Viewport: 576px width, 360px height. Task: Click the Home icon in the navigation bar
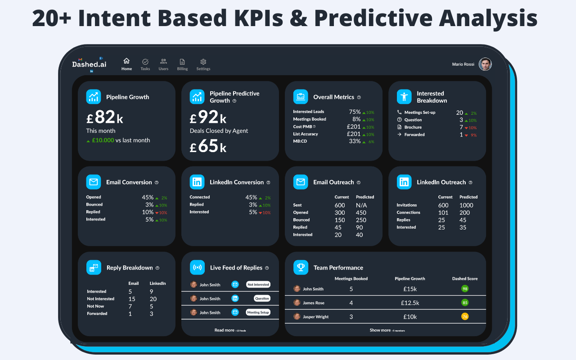click(126, 61)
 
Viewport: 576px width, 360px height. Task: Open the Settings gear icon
click(203, 62)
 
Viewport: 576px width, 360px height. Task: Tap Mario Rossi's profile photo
click(485, 64)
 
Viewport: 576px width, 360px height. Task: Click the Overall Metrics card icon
click(301, 97)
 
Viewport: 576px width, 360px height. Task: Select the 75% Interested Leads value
click(355, 112)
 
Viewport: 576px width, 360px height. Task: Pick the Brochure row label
click(413, 127)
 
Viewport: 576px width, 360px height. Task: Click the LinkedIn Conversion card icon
click(197, 182)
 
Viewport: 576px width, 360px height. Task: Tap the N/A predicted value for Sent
click(361, 205)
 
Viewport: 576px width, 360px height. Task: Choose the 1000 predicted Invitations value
click(466, 205)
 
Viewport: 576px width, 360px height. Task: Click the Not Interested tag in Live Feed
click(258, 284)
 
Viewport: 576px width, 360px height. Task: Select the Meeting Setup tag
click(258, 312)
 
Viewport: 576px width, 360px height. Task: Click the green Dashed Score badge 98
click(465, 289)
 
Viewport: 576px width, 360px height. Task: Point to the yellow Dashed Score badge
click(465, 317)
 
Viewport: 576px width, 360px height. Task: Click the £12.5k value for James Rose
click(409, 303)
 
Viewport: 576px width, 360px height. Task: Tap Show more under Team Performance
click(380, 330)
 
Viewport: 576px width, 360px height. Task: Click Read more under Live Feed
click(225, 330)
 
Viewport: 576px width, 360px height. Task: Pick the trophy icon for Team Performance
click(301, 268)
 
